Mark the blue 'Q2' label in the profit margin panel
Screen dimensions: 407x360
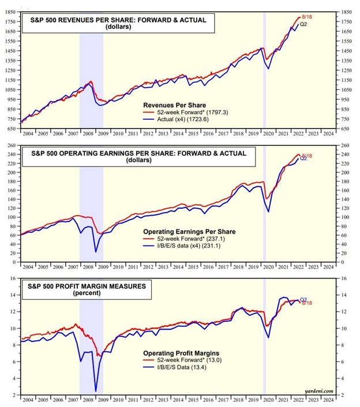coord(303,300)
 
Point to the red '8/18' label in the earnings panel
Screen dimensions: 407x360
coord(307,155)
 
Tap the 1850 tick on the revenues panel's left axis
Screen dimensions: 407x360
coord(11,12)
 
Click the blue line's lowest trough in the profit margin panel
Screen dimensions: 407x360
coord(95,391)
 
